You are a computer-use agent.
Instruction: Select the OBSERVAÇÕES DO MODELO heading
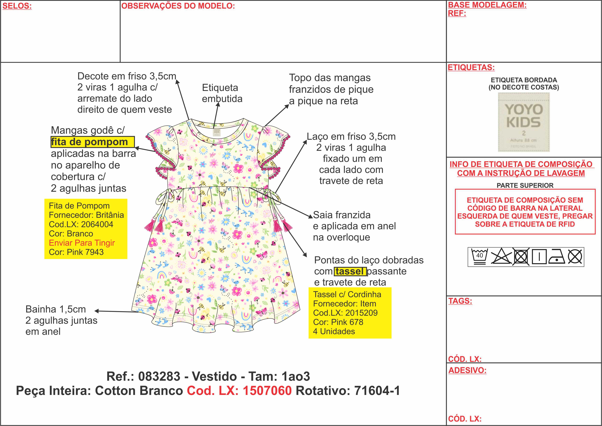pos(178,6)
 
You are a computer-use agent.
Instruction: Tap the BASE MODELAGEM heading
pos(487,5)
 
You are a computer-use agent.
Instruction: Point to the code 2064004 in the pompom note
pos(97,224)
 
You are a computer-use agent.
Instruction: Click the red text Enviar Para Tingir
pos(82,243)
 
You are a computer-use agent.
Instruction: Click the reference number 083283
pos(159,376)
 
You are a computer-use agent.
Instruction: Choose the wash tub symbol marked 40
pos(479,257)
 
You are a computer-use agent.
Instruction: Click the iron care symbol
pos(557,257)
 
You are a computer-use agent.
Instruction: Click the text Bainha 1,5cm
pos(56,309)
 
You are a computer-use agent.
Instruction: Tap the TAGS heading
pos(460,301)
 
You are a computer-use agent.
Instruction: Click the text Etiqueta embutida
pos(222,93)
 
